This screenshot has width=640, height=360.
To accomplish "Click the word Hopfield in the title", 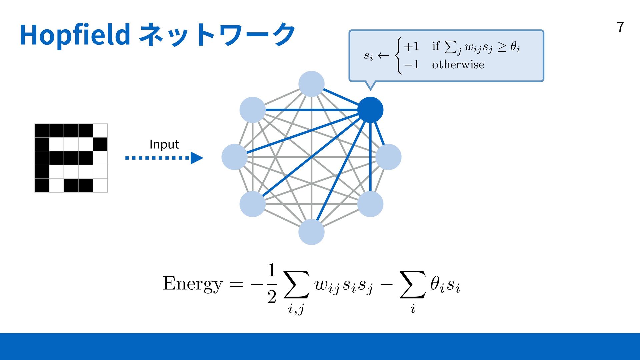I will point(75,34).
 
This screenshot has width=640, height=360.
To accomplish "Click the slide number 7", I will point(620,27).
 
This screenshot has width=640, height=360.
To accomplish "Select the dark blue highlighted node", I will point(370,110).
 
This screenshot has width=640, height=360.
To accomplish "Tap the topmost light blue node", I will point(311,84).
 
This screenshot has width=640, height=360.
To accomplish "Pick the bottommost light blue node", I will point(311,232).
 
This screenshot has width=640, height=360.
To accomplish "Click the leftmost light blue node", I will point(234,157).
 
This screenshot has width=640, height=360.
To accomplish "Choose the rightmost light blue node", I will point(388,157).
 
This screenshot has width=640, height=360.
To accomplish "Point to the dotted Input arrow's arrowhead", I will point(197,158).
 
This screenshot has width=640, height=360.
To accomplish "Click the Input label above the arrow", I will point(164,144).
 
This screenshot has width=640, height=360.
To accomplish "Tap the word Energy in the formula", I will point(192,284).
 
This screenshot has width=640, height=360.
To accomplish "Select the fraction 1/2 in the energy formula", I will point(272,283).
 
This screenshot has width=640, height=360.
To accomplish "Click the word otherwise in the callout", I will point(458,64).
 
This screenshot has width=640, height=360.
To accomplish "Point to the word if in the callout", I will point(436,46).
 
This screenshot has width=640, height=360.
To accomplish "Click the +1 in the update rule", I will point(411,46).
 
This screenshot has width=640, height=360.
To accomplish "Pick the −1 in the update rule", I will point(411,64).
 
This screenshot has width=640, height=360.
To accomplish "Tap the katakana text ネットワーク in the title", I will point(217,34).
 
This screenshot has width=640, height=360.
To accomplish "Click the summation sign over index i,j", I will point(296,284).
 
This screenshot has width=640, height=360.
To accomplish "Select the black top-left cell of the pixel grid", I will point(42,130).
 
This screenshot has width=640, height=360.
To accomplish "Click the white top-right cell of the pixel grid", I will point(100,130).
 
